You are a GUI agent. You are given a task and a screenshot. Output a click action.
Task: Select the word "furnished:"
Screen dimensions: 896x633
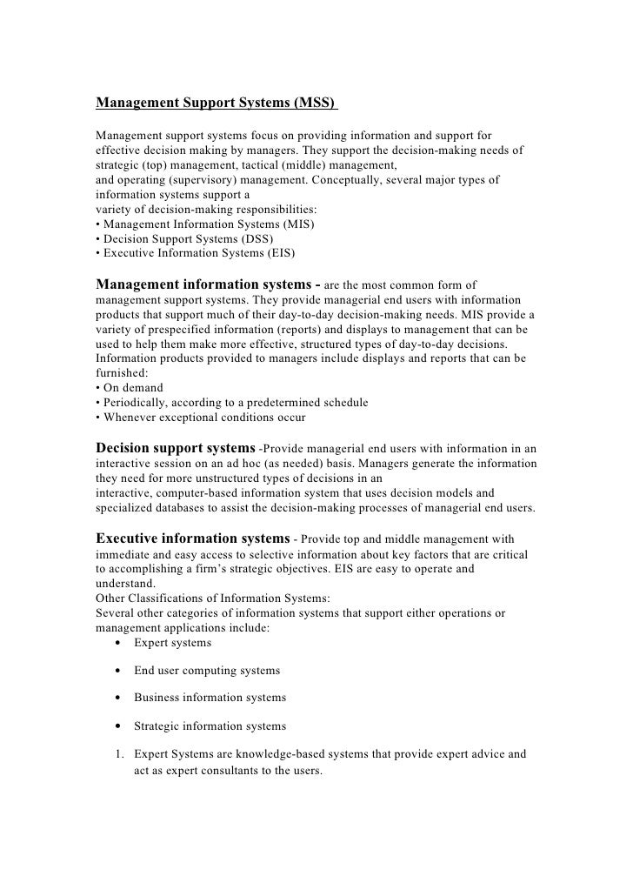120,372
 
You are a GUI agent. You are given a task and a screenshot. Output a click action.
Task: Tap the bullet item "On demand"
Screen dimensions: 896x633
132,387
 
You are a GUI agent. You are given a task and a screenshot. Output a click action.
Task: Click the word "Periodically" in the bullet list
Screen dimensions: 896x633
136,403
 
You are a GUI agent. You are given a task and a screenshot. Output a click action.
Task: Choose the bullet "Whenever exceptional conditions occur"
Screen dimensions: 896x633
203,418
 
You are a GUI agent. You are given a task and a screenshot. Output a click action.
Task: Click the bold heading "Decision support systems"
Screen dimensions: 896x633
176,448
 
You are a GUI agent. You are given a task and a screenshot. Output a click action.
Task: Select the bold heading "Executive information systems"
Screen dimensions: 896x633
192,538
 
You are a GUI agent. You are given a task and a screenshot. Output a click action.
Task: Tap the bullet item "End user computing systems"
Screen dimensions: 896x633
207,671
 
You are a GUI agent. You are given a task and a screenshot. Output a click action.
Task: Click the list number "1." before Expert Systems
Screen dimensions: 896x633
118,754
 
